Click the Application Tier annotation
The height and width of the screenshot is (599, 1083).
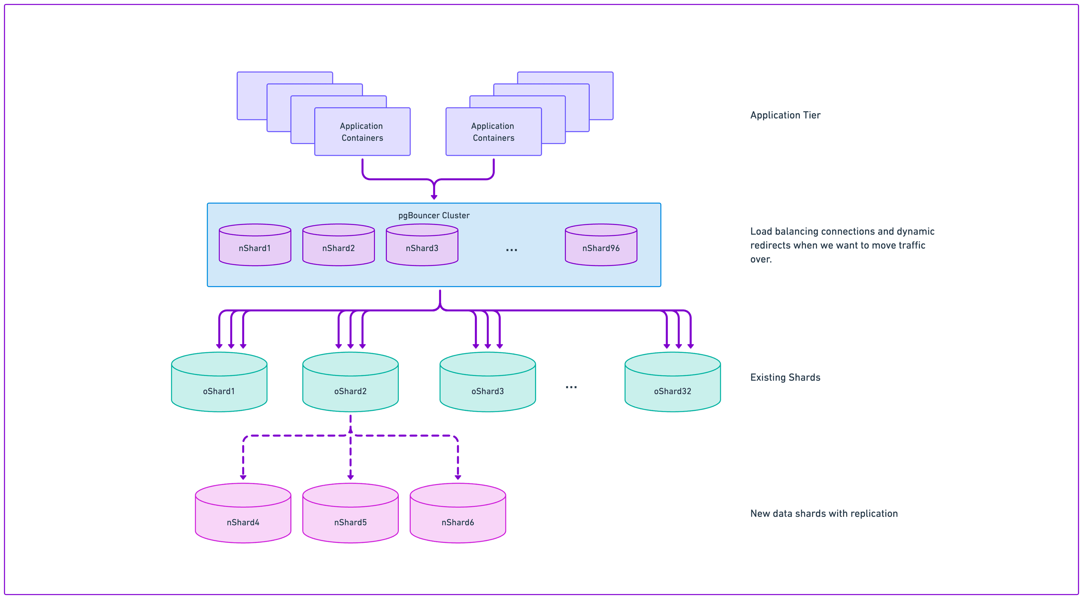(x=785, y=115)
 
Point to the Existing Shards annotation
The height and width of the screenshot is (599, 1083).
(x=785, y=377)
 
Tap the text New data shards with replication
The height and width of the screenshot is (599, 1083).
(x=824, y=513)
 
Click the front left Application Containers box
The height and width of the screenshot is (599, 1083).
(x=362, y=132)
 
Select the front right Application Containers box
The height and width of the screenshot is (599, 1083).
(x=493, y=132)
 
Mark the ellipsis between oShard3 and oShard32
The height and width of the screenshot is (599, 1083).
(x=571, y=387)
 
